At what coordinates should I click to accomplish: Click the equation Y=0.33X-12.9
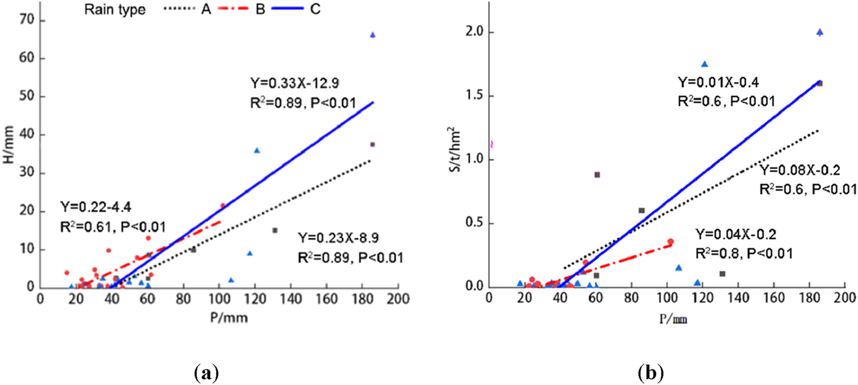[294, 84]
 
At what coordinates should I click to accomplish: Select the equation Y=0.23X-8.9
[338, 238]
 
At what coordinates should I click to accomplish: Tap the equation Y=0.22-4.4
[95, 207]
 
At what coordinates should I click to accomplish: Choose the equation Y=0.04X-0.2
[736, 235]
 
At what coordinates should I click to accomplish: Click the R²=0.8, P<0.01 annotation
[744, 253]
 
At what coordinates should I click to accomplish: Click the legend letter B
[260, 9]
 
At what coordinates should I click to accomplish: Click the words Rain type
[115, 10]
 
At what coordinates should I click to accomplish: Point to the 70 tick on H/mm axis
[26, 20]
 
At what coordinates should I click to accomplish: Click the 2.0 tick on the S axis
[475, 32]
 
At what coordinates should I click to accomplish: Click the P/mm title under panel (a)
[229, 318]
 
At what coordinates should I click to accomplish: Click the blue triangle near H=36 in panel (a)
[257, 151]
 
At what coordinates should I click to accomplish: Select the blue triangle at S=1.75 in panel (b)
[705, 64]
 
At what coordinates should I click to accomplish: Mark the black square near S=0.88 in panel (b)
[597, 175]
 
